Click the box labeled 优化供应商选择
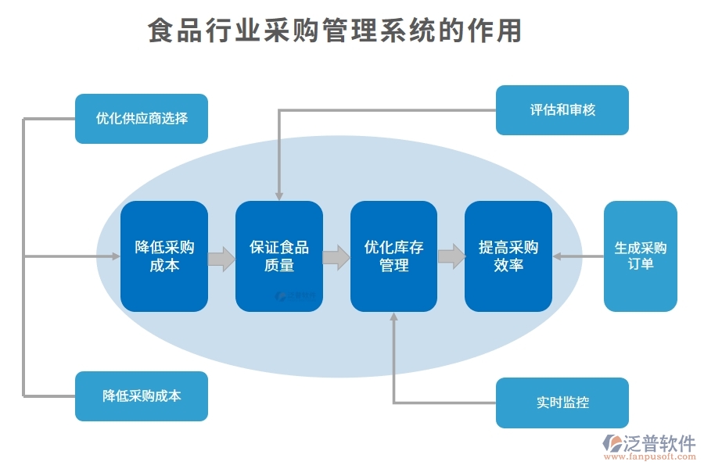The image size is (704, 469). [142, 119]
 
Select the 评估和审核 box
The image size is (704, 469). [562, 110]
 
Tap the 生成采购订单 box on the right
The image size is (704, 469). [640, 256]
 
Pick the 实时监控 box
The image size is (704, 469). [562, 403]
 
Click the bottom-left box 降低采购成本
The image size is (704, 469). [142, 396]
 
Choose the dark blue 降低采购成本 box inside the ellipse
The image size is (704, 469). [164, 256]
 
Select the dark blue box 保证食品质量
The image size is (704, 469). [279, 256]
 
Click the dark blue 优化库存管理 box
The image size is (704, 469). [393, 256]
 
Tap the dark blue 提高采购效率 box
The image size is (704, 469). [508, 256]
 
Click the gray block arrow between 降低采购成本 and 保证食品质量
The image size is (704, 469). [222, 259]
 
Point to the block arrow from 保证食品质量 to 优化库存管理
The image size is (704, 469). [336, 257]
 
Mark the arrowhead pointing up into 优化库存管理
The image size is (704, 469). [393, 318]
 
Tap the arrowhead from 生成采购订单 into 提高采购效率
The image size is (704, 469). [559, 256]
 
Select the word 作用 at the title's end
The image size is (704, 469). [497, 31]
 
